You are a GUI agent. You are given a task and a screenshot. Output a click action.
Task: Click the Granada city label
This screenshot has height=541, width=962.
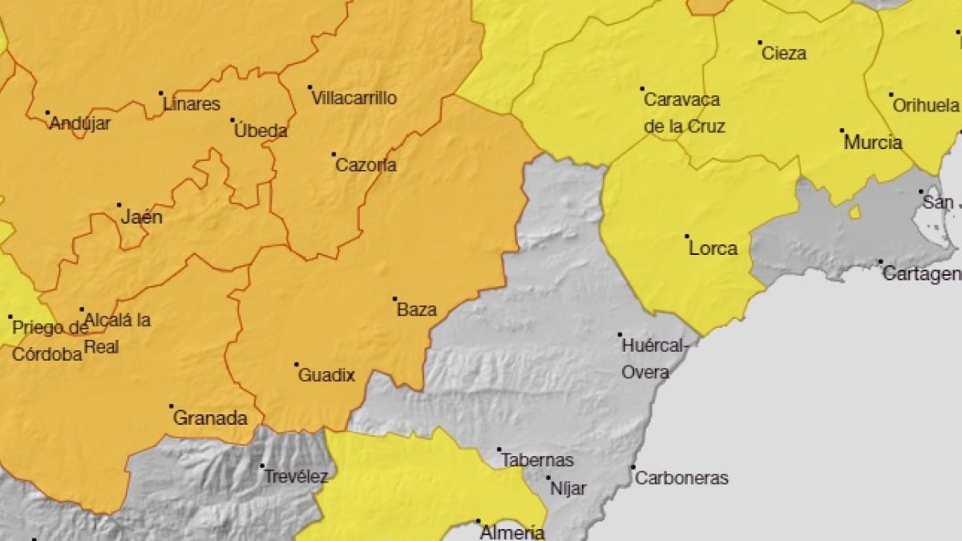point(210,418)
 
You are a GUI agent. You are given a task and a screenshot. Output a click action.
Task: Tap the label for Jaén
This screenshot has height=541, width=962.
point(142,217)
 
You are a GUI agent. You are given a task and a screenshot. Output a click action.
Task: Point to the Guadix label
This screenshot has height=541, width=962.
point(326,375)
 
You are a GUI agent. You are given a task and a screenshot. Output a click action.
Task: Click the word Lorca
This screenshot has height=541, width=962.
point(713,248)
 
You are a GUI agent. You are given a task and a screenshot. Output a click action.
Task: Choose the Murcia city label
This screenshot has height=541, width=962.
point(873,143)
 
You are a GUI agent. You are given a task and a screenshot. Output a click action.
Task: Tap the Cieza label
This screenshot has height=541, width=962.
point(784,54)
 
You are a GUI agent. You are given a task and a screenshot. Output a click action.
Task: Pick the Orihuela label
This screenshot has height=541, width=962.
point(926,106)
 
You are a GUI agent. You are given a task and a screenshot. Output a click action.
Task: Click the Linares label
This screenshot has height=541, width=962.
point(191,104)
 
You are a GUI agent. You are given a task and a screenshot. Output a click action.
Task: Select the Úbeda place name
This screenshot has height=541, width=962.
point(261,131)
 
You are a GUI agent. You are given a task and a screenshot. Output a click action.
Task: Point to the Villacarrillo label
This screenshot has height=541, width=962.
point(354,99)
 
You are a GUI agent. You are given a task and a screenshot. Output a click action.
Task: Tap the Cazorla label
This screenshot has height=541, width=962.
point(366,166)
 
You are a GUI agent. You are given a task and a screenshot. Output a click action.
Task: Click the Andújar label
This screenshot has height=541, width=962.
point(80,123)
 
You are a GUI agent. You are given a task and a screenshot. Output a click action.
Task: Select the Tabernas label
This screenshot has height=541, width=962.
point(537,460)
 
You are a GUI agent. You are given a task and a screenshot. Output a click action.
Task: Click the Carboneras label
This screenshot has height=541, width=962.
point(681,478)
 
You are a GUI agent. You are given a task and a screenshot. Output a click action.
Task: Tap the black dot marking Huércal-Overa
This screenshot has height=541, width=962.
point(620,335)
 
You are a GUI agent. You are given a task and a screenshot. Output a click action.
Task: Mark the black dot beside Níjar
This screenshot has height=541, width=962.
point(549,478)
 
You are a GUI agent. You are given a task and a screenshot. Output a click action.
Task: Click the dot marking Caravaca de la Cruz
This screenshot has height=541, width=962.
point(642,89)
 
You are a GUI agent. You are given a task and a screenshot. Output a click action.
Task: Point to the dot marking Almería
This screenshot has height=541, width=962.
point(479,521)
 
